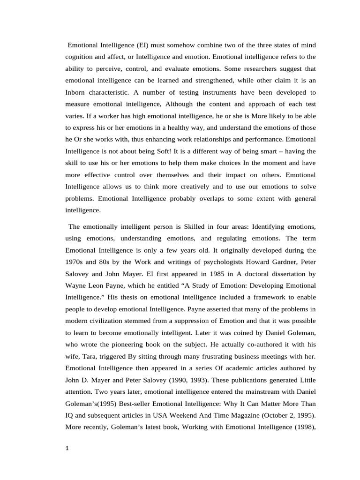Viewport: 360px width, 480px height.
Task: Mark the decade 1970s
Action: tap(75, 262)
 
